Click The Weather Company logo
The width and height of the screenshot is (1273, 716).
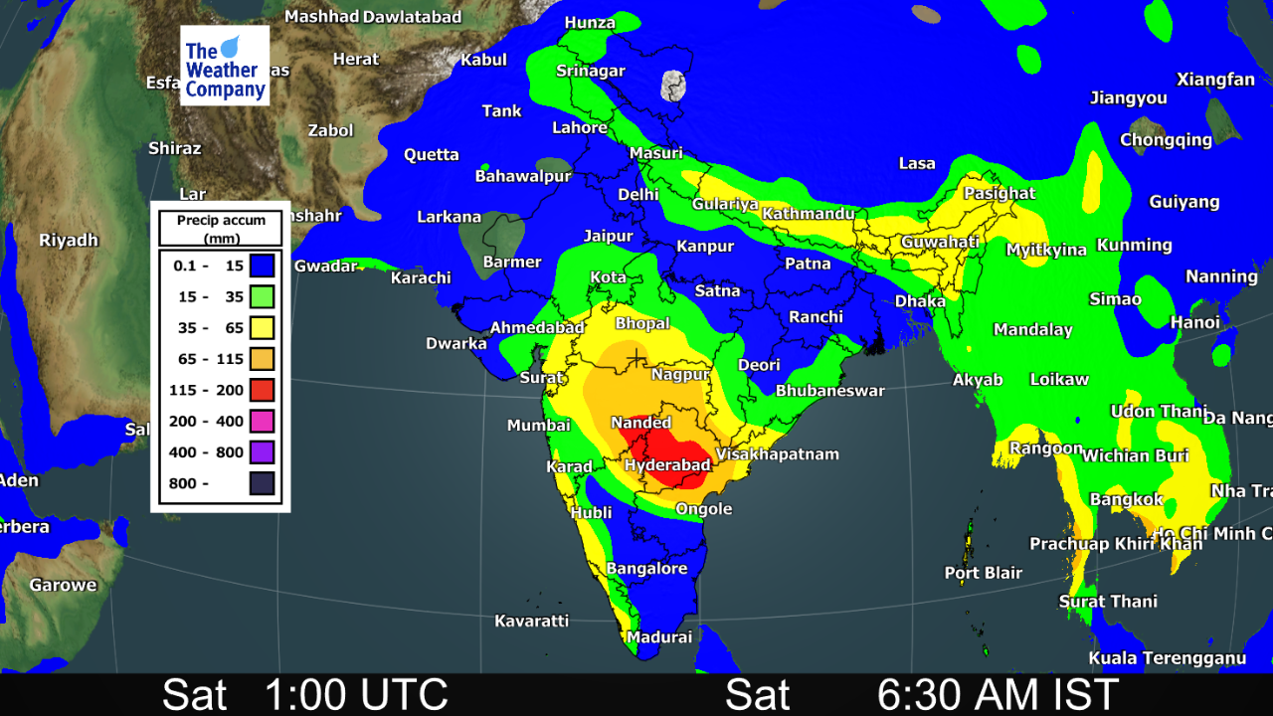pos(225,66)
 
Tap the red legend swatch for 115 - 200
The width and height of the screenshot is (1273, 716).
pos(262,390)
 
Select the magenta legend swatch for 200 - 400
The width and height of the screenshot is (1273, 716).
pos(262,422)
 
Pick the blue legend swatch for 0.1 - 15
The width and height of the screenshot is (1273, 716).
pos(262,266)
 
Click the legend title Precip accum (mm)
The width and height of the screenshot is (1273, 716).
pos(221,229)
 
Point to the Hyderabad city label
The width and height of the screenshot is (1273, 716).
pos(667,465)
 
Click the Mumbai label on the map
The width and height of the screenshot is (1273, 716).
pos(538,426)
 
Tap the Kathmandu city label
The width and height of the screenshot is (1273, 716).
pos(809,214)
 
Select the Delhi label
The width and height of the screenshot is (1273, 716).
pos(638,195)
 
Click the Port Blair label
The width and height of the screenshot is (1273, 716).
pos(984,573)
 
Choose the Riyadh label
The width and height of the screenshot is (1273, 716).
pos(69,240)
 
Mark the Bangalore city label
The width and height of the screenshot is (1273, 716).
pos(646,569)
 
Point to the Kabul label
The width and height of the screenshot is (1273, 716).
pos(483,60)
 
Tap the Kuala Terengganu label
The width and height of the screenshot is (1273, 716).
pos(1167,658)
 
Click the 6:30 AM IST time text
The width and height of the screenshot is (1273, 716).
pos(998,694)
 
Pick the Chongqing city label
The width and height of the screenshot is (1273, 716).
pos(1166,140)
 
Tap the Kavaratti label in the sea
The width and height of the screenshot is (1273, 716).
pos(531,622)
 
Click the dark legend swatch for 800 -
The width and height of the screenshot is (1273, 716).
pos(262,484)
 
